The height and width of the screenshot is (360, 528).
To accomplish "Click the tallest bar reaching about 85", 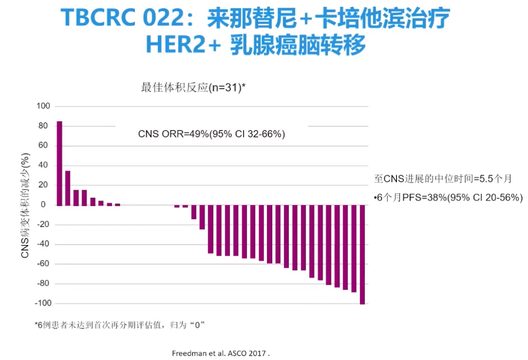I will pyautogui.click(x=60, y=163).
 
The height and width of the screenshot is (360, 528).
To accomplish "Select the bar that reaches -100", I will pyautogui.click(x=362, y=254).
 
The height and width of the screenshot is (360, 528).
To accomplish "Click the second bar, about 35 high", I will pyautogui.click(x=68, y=188).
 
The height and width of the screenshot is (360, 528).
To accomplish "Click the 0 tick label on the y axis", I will pyautogui.click(x=44, y=205).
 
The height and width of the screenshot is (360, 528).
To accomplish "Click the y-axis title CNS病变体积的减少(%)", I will pyautogui.click(x=25, y=205).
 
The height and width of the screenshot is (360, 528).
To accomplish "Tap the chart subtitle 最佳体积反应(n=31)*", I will pyautogui.click(x=193, y=88).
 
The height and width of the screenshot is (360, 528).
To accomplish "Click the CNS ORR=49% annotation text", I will pyautogui.click(x=212, y=134).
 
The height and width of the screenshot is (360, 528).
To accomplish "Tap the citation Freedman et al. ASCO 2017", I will pyautogui.click(x=220, y=352).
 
